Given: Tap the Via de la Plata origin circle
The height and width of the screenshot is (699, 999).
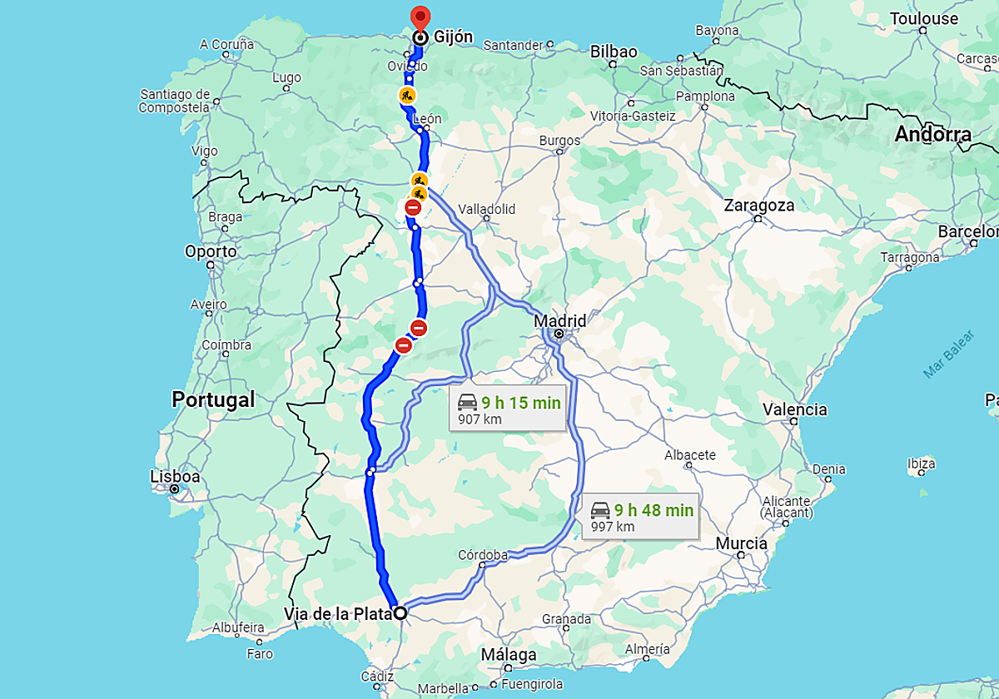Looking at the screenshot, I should [x=400, y=613].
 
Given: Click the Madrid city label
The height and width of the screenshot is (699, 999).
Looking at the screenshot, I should [x=559, y=321].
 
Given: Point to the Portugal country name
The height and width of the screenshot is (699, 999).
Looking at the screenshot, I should [x=213, y=399].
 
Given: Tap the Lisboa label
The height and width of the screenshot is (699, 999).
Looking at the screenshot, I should [x=175, y=477].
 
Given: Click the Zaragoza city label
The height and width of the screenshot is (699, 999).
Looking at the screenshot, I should [x=758, y=205].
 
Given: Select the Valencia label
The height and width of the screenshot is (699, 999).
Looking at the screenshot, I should [x=795, y=409].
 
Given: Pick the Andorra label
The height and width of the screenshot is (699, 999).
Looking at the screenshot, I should [x=932, y=134].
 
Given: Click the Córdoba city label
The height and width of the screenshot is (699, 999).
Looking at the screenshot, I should [x=483, y=555].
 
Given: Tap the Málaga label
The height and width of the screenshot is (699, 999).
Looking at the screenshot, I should [x=509, y=655].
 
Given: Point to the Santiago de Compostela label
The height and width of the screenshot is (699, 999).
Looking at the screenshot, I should [x=175, y=101].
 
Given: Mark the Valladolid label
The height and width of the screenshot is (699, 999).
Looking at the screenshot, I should [x=487, y=209].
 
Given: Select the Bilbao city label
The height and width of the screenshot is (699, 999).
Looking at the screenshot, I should [x=614, y=52].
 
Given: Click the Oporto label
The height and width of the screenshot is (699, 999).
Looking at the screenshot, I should [x=211, y=251].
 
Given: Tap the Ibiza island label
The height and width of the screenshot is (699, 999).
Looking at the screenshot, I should [x=921, y=464].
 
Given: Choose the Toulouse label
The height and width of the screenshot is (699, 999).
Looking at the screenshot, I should [x=924, y=18].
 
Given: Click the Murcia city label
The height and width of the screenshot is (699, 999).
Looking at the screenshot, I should [x=741, y=543].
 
